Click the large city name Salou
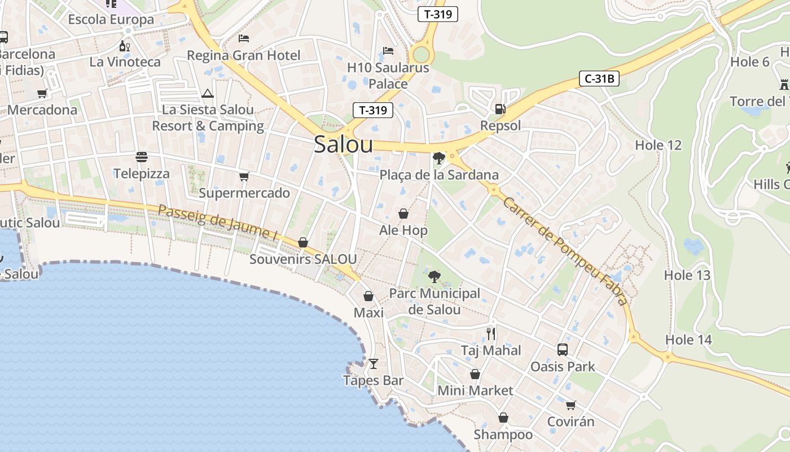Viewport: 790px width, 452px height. (343, 145)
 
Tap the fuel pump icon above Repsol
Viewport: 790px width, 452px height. (500, 109)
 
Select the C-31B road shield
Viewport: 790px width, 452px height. (599, 79)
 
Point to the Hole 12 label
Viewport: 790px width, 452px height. (658, 145)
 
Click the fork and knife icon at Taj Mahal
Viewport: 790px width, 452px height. (491, 334)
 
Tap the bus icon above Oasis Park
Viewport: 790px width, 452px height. (563, 350)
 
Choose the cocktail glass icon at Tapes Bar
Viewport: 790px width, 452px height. (374, 364)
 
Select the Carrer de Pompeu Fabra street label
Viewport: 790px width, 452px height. (564, 251)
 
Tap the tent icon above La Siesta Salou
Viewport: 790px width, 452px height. (208, 93)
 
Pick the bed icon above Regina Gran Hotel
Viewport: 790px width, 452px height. (244, 38)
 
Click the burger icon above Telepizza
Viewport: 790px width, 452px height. (141, 157)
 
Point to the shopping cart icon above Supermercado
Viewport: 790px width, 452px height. (244, 177)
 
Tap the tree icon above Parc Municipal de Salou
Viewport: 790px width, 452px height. (434, 277)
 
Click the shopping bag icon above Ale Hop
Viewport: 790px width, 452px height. (403, 214)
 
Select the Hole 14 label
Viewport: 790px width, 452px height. (688, 340)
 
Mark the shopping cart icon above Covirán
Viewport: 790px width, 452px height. (571, 405)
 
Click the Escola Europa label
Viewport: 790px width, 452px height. (111, 20)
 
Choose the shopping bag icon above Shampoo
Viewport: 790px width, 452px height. (503, 418)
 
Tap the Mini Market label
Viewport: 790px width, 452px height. (475, 390)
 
